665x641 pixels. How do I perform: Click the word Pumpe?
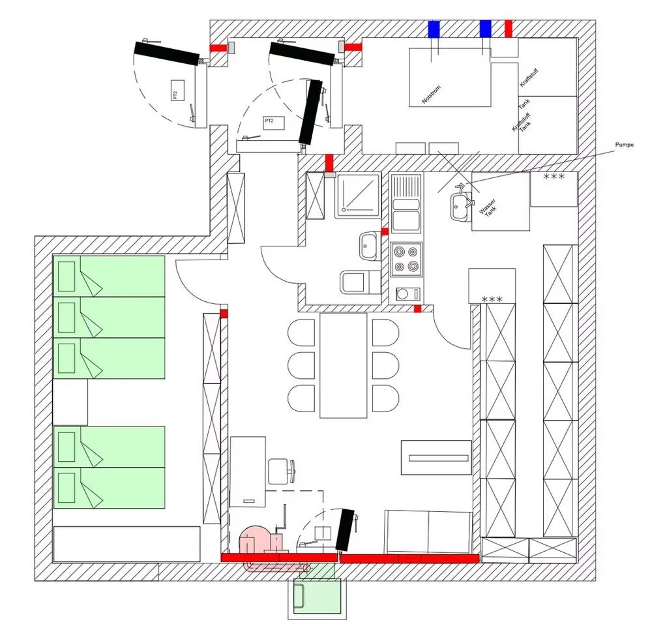[624, 145]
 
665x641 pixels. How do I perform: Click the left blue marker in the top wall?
[434, 29]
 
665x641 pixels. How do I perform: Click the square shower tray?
[357, 195]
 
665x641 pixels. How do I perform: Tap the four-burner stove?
[406, 259]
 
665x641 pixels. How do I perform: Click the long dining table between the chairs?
[344, 365]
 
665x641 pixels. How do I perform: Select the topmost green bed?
[109, 276]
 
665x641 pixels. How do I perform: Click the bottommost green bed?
[109, 488]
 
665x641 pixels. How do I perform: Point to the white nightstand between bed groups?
[70, 402]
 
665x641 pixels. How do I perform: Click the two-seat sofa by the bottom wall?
[428, 531]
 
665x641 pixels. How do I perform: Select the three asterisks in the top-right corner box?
[554, 177]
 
